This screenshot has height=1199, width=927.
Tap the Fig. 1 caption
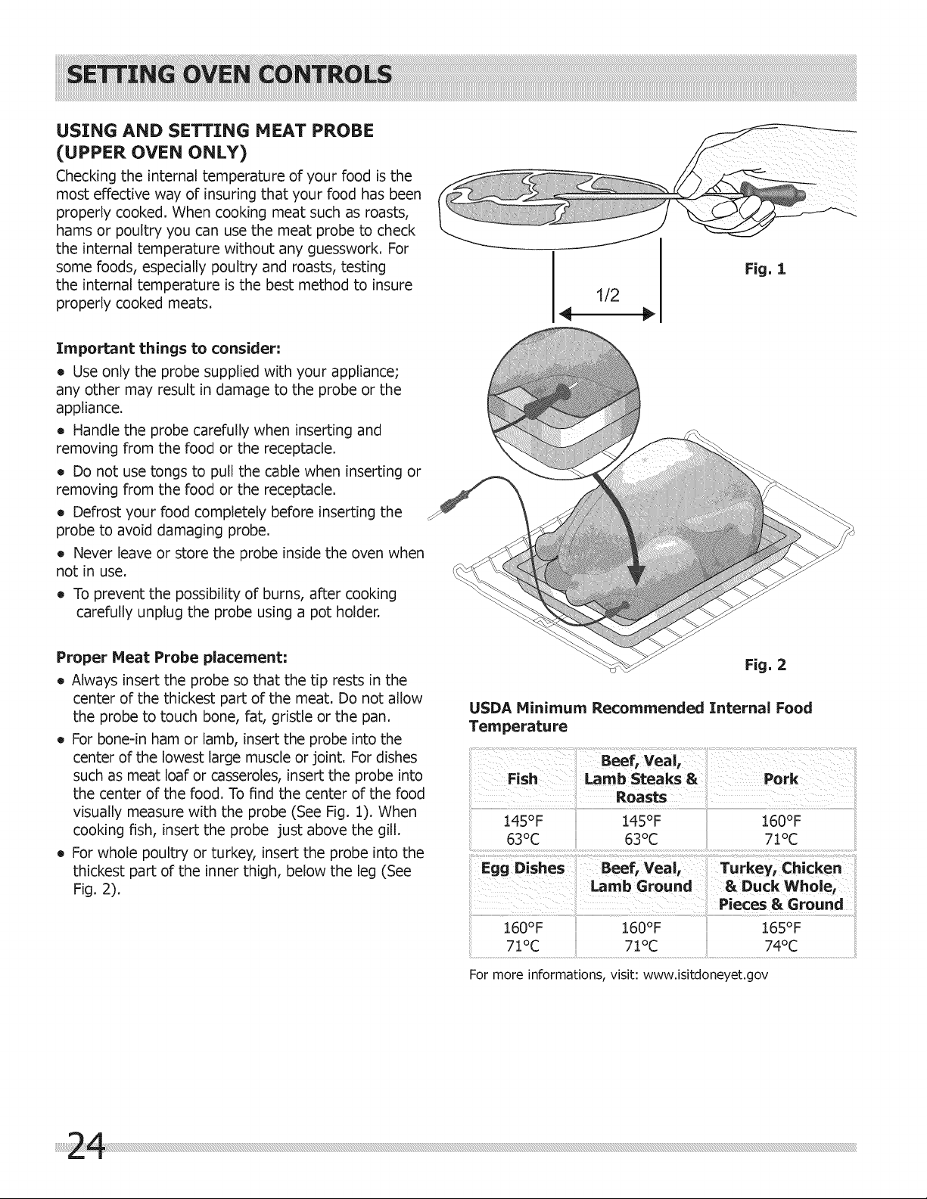coord(765,269)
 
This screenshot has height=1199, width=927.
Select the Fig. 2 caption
coord(765,664)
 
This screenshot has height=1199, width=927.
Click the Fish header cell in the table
coord(522,778)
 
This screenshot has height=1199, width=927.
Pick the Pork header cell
coord(781,778)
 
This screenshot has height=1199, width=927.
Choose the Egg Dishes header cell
coord(523,868)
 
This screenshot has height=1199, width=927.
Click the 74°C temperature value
coord(781,946)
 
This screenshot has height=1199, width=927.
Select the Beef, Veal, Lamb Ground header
coord(641,877)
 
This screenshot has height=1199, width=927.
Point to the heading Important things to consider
coord(168,349)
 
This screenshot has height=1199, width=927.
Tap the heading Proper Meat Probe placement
coord(172,657)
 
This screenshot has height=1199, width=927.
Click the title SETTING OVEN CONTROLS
coord(229,76)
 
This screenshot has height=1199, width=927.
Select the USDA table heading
coord(640,716)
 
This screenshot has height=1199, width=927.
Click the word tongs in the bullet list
coord(156,472)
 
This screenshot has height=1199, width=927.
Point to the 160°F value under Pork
coord(781,821)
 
